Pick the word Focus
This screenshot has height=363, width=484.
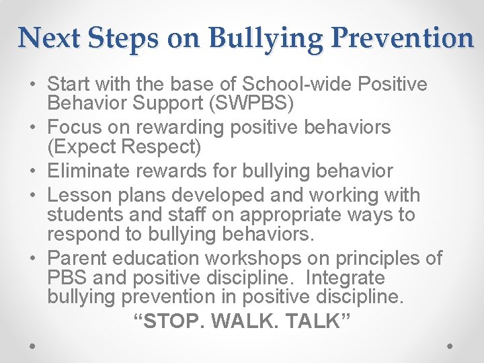coord(76,127)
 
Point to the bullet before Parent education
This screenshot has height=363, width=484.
coord(33,259)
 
